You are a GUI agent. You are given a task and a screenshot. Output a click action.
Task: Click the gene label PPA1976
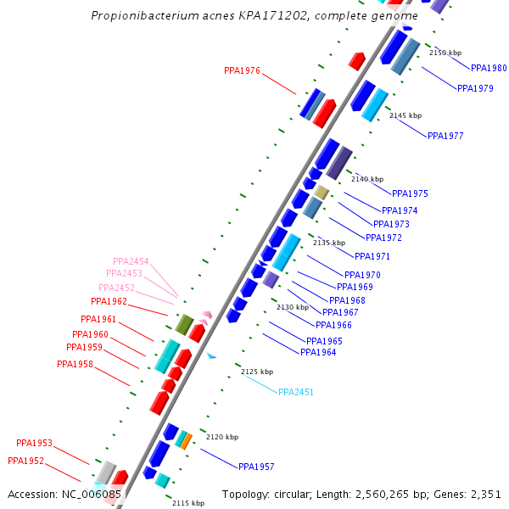click(242, 71)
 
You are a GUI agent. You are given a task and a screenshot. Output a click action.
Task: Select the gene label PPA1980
click(489, 68)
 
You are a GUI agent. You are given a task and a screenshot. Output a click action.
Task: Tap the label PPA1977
click(445, 136)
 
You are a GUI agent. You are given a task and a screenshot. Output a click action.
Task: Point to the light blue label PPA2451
click(296, 392)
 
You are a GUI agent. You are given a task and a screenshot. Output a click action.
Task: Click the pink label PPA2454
click(131, 261)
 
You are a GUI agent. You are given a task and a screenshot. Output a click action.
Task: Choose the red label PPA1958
click(75, 365)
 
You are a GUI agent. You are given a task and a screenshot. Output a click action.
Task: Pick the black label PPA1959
click(84, 348)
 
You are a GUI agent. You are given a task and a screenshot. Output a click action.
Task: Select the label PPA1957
click(256, 467)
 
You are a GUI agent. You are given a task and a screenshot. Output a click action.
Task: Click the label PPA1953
click(34, 443)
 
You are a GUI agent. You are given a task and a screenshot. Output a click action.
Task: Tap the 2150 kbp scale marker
click(445, 53)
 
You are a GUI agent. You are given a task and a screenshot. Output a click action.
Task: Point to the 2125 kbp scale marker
click(257, 372)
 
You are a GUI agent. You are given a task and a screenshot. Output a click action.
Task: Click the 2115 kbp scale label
click(188, 503)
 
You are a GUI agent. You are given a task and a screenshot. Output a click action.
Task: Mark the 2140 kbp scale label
click(367, 179)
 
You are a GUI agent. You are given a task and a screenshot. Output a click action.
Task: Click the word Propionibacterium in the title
click(145, 16)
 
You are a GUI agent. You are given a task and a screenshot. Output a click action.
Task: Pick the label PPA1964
click(318, 353)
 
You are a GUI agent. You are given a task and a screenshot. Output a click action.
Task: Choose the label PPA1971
click(372, 256)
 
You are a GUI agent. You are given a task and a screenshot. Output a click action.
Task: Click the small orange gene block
click(186, 441)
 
